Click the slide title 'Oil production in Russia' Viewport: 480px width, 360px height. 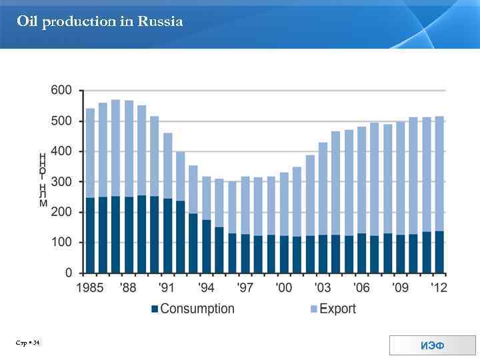pyautogui.click(x=100, y=22)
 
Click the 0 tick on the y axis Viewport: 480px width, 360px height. pyautogui.click(x=69, y=273)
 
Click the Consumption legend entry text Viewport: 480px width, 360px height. pyautogui.click(x=197, y=309)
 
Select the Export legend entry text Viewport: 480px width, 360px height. pyautogui.click(x=338, y=309)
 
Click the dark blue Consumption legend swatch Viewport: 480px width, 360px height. pyautogui.click(x=155, y=309)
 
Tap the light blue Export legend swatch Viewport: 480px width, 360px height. pyautogui.click(x=314, y=309)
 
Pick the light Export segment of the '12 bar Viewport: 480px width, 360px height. pyautogui.click(x=439, y=173)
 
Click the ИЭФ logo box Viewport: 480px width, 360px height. pyautogui.click(x=432, y=345)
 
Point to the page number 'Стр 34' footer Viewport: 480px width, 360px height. pyautogui.click(x=29, y=343)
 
